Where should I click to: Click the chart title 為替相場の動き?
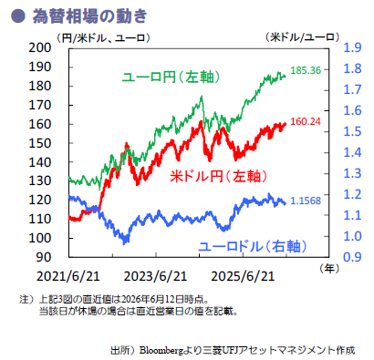(x=89, y=15)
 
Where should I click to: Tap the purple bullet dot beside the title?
(x=17, y=15)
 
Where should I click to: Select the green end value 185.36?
(x=306, y=70)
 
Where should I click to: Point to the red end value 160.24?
(x=306, y=121)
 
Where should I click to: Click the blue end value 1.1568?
(x=306, y=201)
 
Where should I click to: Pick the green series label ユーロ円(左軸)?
(x=171, y=77)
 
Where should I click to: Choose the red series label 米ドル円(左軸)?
(x=218, y=176)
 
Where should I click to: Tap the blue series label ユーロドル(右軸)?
(x=253, y=246)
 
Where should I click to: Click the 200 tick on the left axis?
(x=40, y=47)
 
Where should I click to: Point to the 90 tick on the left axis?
(x=44, y=257)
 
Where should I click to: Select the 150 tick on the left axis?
(x=40, y=143)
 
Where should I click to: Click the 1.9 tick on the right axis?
(x=352, y=47)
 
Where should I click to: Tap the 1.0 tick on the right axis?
(x=352, y=236)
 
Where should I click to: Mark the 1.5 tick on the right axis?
(x=352, y=131)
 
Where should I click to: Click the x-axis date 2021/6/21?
(x=68, y=276)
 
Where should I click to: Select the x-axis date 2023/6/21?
(x=155, y=276)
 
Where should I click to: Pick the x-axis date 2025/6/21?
(x=243, y=276)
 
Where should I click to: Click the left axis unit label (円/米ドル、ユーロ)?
(x=103, y=38)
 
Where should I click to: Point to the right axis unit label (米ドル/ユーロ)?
(x=302, y=37)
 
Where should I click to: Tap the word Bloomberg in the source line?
(x=161, y=350)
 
